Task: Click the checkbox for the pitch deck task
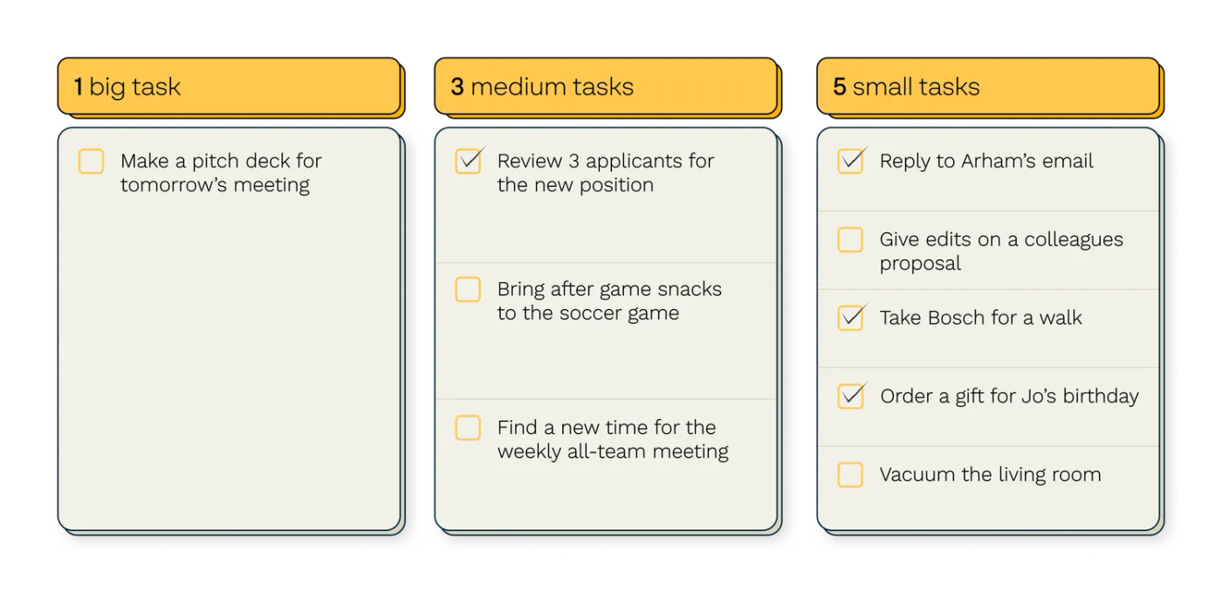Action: (x=91, y=161)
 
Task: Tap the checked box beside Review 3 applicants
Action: (x=468, y=161)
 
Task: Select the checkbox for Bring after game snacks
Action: (x=468, y=289)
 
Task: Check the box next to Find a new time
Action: (x=468, y=428)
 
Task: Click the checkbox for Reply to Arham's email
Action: (x=850, y=161)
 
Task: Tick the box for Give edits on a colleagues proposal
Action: (x=850, y=239)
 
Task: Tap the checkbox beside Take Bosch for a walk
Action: (x=850, y=318)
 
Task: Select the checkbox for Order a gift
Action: (x=850, y=396)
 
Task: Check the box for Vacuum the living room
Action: (x=850, y=474)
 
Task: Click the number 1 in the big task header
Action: (x=79, y=86)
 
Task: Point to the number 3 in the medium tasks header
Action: (x=457, y=86)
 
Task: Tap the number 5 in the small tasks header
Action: (x=840, y=86)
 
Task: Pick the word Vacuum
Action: (x=917, y=474)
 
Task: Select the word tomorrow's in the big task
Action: (x=174, y=185)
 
